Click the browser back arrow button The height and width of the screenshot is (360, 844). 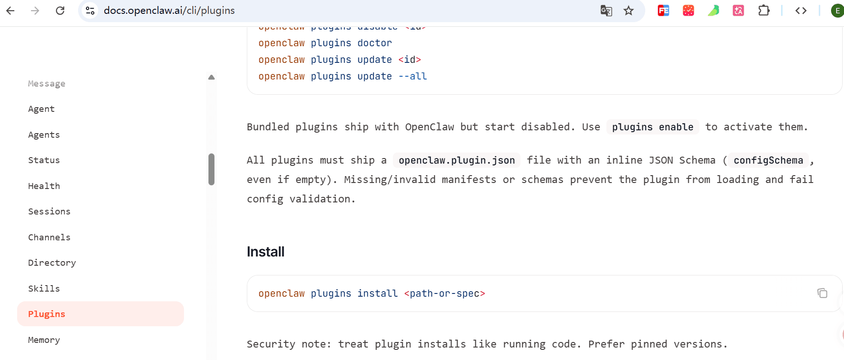pos(11,11)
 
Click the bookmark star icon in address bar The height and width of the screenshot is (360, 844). pos(629,11)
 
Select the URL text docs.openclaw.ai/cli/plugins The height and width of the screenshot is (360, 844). pos(169,11)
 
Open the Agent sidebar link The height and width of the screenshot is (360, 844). pos(41,109)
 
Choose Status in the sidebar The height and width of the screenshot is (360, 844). pos(44,160)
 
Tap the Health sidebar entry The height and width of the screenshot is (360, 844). pos(44,186)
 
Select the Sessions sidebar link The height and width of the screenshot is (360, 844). pos(49,212)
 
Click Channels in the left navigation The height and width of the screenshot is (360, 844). pos(49,238)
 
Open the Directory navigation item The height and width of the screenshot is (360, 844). pos(52,263)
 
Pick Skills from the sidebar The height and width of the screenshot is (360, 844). pos(44,289)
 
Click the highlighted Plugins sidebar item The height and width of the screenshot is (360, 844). pos(47,314)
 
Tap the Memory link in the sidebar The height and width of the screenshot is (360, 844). pos(44,340)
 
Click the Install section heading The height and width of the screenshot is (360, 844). pos(266,252)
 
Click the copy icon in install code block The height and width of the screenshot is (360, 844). pos(822,293)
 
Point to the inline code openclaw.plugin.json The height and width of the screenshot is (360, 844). pos(457,160)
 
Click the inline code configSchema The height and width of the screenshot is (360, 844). pos(768,160)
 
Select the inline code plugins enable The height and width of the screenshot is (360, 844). pos(653,127)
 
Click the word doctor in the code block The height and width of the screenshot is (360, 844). pos(374,43)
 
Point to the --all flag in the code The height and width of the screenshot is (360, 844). pos(412,76)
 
